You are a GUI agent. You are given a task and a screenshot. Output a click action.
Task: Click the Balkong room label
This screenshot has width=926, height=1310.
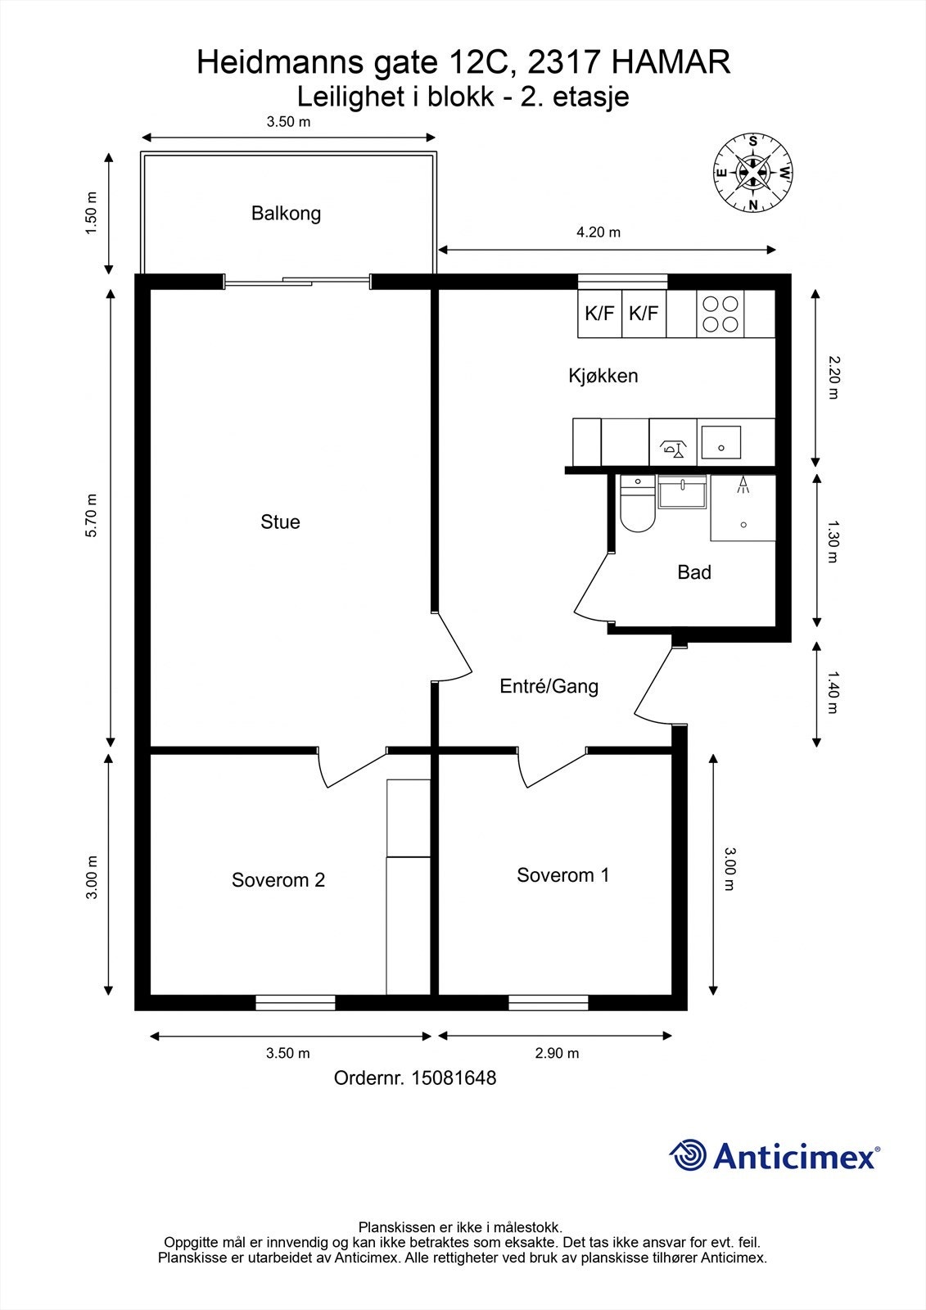[286, 214]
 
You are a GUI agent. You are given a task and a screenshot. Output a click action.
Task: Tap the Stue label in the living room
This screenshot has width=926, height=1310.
[280, 522]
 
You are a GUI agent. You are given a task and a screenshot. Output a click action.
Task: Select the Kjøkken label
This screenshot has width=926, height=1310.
[603, 376]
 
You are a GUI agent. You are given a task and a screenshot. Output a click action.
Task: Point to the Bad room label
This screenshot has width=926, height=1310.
[694, 572]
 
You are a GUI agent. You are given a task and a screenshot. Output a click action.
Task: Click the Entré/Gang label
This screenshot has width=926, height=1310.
[549, 686]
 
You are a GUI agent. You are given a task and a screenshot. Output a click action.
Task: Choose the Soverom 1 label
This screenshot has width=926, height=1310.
[562, 875]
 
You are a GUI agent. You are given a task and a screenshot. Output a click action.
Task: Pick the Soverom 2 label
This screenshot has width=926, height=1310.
[278, 879]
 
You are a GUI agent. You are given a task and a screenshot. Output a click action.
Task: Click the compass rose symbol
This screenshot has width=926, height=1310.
[753, 173]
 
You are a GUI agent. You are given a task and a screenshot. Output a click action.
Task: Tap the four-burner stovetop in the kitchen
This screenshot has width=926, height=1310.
[720, 314]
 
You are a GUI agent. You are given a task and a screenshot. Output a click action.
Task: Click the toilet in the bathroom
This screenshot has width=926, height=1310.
[637, 504]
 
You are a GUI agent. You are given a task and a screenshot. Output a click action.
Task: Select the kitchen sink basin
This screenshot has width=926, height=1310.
[721, 442]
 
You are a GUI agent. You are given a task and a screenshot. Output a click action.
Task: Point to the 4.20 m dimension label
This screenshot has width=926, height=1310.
[599, 233]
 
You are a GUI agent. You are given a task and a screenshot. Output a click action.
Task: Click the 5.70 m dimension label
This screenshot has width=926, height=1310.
[92, 515]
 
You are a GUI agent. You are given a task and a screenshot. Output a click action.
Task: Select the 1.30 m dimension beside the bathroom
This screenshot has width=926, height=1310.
[833, 541]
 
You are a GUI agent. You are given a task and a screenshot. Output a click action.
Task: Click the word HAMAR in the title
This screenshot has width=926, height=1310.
[671, 62]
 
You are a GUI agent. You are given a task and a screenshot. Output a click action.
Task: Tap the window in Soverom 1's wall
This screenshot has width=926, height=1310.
[548, 1002]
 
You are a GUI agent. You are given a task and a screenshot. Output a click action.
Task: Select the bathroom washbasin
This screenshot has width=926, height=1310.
[682, 492]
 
